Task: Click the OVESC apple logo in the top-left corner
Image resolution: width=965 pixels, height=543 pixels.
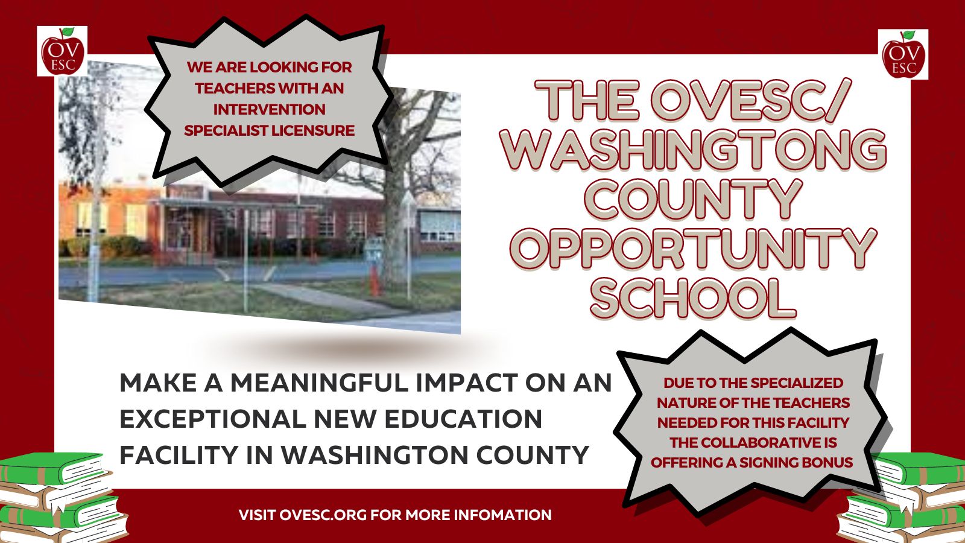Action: (x=62, y=51)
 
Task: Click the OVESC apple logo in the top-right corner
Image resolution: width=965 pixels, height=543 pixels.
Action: (x=903, y=54)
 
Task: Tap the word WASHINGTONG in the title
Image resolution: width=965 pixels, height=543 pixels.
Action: (x=694, y=150)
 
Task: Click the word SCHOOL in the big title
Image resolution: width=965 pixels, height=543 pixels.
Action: (x=693, y=298)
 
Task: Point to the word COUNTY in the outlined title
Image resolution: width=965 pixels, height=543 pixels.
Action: (x=693, y=200)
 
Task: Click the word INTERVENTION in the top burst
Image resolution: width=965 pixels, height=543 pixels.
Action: (x=269, y=109)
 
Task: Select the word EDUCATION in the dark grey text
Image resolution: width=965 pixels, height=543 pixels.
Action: (x=463, y=419)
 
